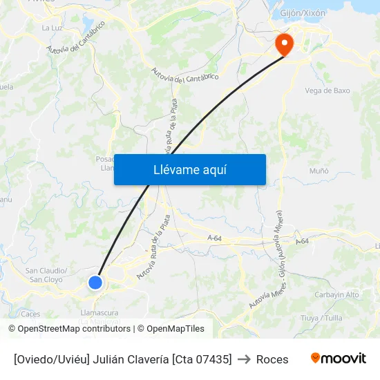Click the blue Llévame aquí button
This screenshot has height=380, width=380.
[190, 169]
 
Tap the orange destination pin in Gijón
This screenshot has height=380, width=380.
[284, 44]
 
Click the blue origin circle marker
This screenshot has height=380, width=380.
[95, 282]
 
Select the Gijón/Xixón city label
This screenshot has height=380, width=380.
[303, 13]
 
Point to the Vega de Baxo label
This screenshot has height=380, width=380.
[327, 91]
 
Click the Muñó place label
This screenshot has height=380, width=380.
[319, 171]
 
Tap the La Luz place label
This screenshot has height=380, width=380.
[52, 28]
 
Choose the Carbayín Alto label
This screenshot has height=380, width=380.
[337, 294]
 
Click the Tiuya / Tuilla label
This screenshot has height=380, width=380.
[322, 318]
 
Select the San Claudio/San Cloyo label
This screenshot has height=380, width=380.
[46, 275]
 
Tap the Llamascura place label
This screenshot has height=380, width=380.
[99, 313]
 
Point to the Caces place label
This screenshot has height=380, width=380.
[30, 314]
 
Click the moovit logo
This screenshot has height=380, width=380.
[338, 358]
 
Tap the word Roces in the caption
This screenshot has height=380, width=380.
[272, 359]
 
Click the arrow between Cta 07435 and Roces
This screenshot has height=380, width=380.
[244, 359]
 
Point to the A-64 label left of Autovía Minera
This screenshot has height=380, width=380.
[214, 238]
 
